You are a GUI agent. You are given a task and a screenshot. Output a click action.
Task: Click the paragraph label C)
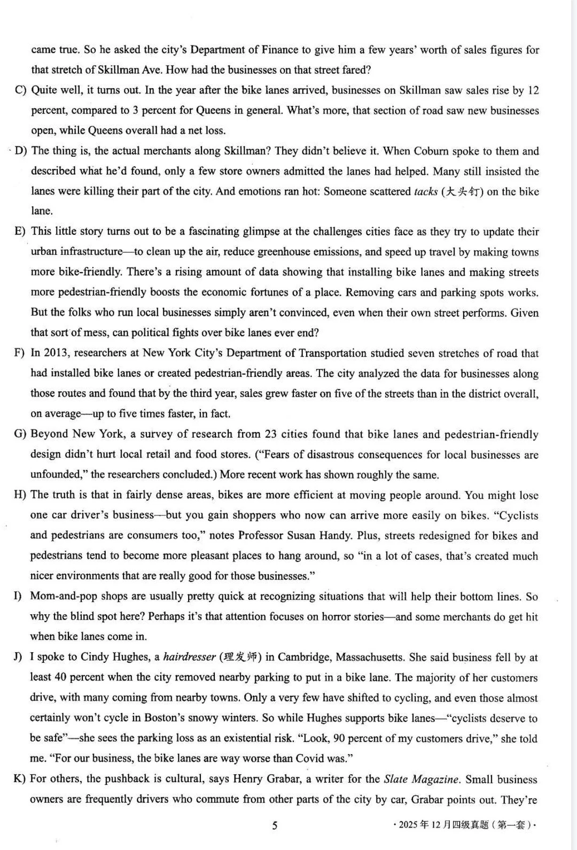[21, 90]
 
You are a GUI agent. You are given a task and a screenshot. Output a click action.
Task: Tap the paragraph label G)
[20, 434]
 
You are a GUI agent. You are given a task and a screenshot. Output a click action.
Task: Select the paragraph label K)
[20, 779]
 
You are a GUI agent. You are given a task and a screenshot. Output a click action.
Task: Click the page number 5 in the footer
[275, 825]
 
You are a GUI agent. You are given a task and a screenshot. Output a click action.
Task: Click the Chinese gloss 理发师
[240, 657]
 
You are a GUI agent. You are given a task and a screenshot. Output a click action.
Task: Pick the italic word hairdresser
[189, 657]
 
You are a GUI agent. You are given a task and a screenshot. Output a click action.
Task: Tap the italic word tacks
[426, 192]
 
